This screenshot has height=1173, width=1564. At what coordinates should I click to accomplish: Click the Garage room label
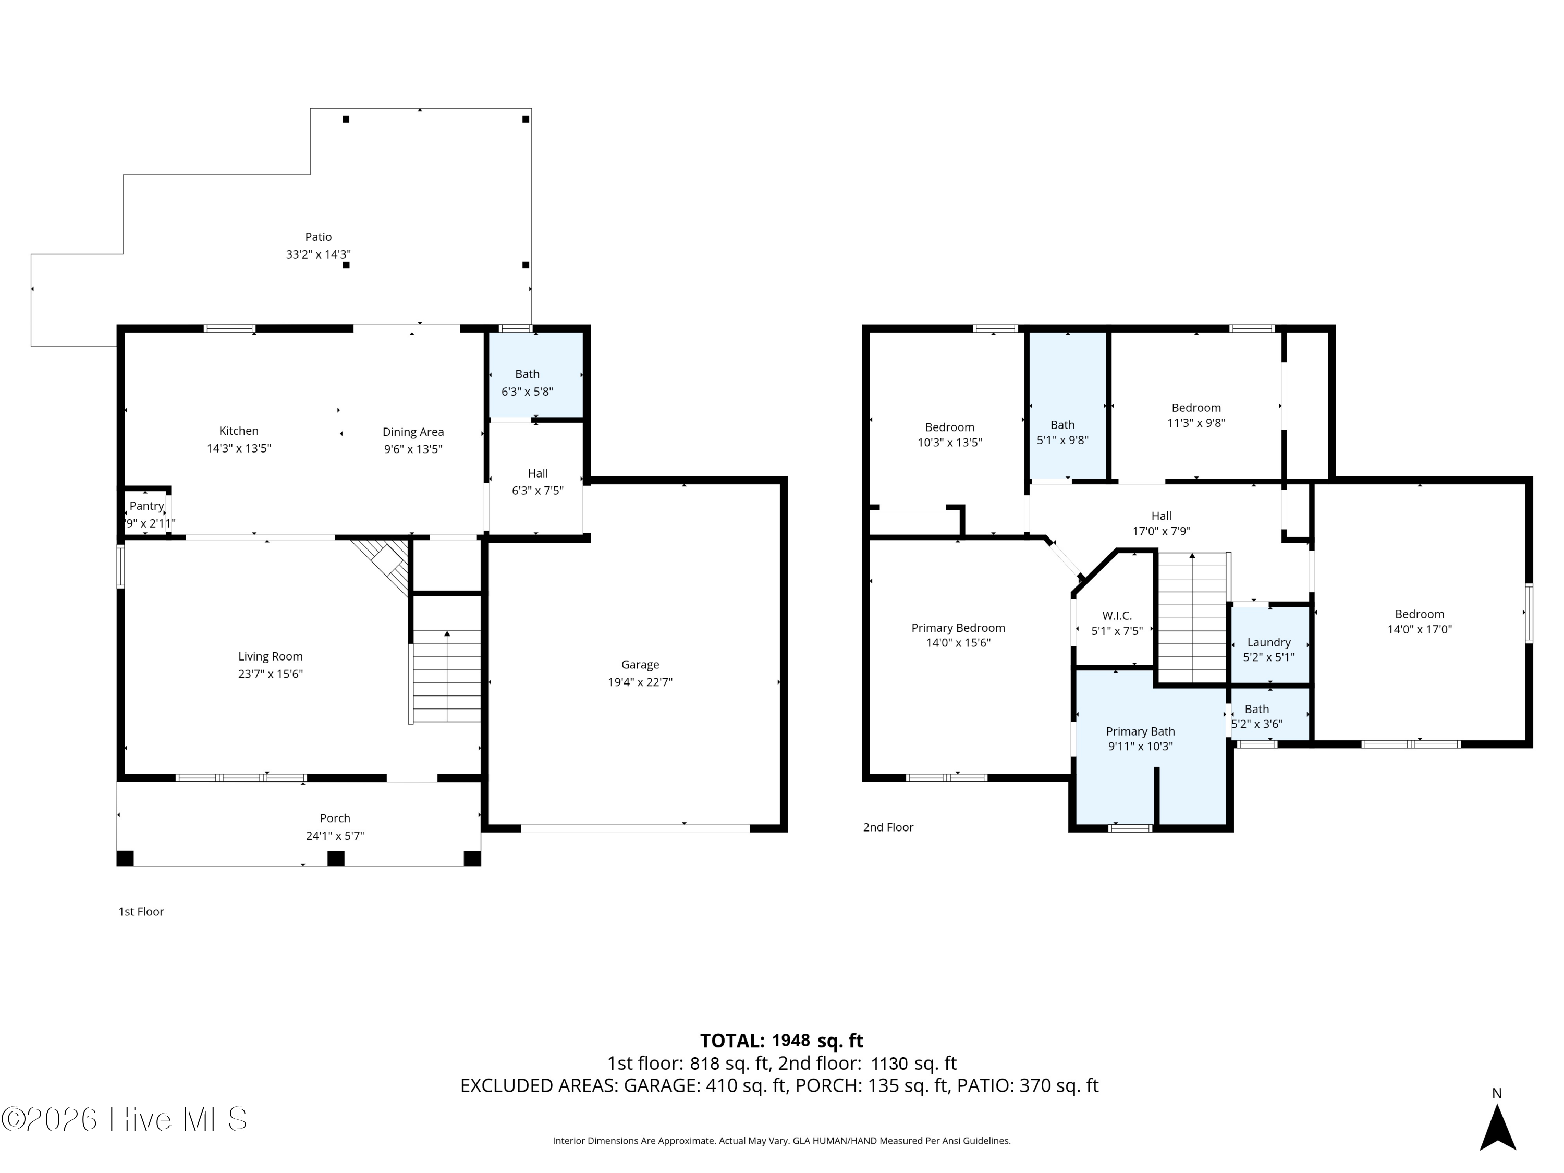pos(640,665)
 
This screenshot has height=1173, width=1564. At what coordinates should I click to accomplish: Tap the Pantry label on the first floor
pos(146,506)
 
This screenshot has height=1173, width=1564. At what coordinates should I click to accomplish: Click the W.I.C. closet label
pos(1117,616)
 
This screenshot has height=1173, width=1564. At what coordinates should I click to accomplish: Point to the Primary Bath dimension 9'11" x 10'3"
pos(1140,746)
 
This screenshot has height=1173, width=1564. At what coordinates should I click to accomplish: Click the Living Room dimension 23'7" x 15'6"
pos(270,674)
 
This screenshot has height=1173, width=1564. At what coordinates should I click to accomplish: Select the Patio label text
pos(318,237)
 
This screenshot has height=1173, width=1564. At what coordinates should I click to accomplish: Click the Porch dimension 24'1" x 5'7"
pos(335,836)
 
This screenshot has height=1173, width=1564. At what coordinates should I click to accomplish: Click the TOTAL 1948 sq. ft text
pos(781,1040)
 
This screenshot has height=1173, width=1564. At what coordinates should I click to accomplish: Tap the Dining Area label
pos(413,432)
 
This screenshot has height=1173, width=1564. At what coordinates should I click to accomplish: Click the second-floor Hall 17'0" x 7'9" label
pos(1161,524)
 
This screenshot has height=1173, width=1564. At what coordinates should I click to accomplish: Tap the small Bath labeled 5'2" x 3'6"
pos(1256,716)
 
